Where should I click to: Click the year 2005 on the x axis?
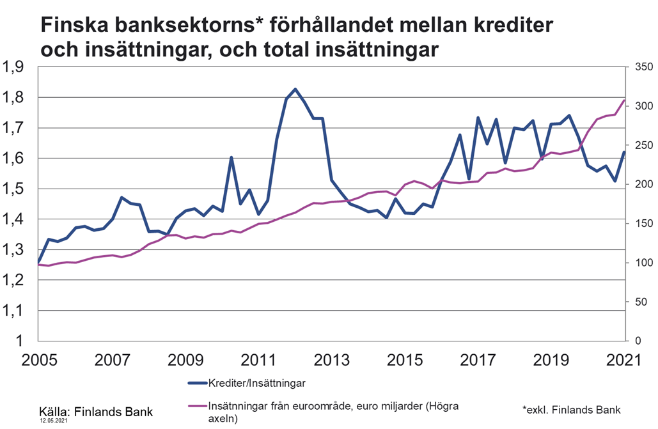coord(38,359)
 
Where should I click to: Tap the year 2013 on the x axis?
coord(331,359)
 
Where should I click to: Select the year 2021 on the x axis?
coord(623,359)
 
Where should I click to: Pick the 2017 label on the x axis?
coord(478,359)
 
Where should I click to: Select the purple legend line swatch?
coord(197,407)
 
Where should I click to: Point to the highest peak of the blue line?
coord(295,90)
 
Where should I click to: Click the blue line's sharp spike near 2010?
coord(231,157)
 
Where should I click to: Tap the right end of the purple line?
coord(624,100)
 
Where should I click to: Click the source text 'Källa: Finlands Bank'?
coord(97,409)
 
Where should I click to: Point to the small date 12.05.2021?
coord(54,421)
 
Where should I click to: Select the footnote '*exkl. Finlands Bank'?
coord(572,409)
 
